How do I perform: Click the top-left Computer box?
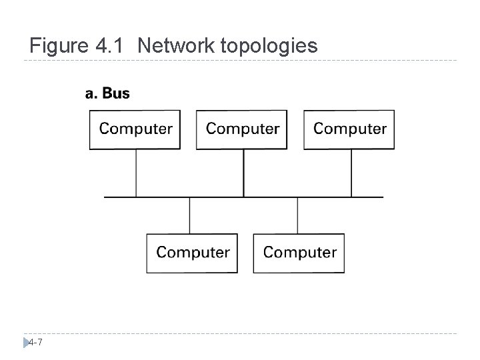[135, 129]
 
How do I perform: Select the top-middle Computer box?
[243, 129]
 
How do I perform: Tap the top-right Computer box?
[349, 129]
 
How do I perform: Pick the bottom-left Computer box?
[192, 253]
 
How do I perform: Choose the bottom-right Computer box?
[299, 253]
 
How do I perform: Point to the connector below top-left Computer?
[137, 173]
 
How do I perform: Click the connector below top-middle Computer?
[243, 173]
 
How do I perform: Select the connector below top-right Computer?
[351, 173]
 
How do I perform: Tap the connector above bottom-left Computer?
[190, 215]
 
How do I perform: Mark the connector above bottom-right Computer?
[297, 215]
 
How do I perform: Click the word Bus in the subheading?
[117, 93]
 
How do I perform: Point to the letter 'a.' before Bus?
[92, 93]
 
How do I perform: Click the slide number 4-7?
[36, 342]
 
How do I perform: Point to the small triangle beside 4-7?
[26, 342]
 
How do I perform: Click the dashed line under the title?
[240, 61]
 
